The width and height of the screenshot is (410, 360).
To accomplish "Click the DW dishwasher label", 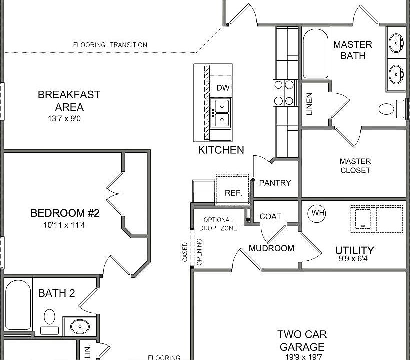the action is (x=223, y=88).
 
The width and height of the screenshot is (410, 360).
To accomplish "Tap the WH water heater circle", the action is (x=317, y=213).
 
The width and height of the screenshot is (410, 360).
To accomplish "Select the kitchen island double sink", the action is (x=221, y=113).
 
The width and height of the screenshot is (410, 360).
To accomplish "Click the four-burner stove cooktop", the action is (x=284, y=93).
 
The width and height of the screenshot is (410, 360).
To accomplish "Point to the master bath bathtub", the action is (x=315, y=54).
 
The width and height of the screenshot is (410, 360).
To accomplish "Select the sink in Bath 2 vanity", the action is (x=80, y=327).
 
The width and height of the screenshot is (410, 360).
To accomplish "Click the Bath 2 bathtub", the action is (x=18, y=305).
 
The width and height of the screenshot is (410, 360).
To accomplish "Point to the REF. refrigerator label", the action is (x=233, y=193).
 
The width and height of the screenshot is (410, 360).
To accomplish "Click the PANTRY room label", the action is (x=275, y=183).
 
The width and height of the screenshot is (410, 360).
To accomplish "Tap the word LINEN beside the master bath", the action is (x=309, y=104).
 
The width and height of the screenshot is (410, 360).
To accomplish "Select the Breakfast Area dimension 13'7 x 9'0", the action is (x=64, y=119).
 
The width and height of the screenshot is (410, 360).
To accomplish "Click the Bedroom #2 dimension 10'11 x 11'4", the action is (x=64, y=225).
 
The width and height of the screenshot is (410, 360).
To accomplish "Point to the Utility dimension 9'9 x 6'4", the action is (x=353, y=259).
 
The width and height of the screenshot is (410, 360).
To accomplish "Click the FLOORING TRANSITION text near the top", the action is (x=110, y=45).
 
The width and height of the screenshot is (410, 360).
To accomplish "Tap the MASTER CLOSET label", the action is (x=355, y=166).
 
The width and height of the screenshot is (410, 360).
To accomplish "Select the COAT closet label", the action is (x=270, y=217).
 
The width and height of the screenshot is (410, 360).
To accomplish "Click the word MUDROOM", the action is (x=271, y=248).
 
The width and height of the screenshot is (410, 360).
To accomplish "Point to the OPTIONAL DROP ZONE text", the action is (x=218, y=224).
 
